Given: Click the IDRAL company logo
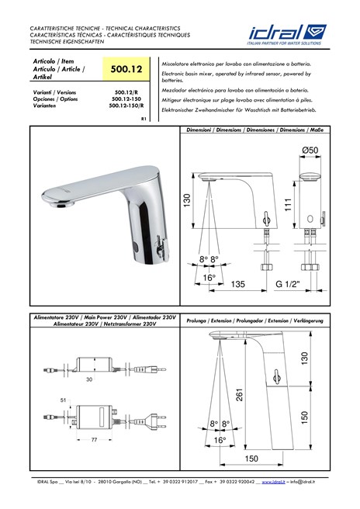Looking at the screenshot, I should pos(287,35).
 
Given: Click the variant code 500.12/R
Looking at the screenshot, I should pos(126,92).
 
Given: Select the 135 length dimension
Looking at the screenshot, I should pos(237,284).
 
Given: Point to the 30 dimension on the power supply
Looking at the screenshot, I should pos(90,379).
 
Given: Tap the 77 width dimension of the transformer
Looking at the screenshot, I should pos(94,440).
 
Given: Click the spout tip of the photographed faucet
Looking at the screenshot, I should pos(57,206).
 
